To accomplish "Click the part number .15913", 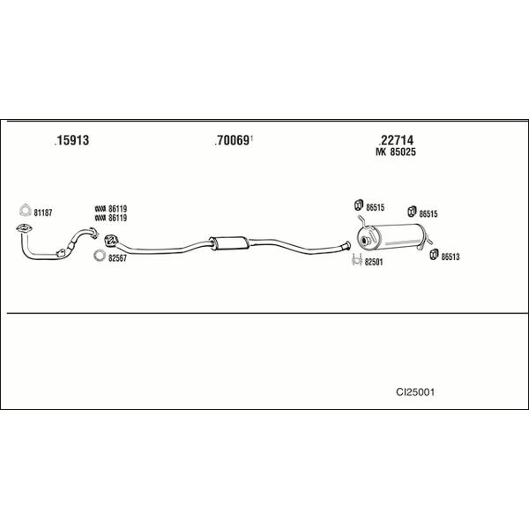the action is [x=72, y=140].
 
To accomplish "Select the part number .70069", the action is [x=232, y=140].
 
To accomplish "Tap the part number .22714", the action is [x=396, y=140].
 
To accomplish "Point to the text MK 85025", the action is [x=396, y=153].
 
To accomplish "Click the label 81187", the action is [x=43, y=212].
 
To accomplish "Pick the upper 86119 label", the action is [x=118, y=209].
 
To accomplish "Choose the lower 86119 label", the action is [x=118, y=218].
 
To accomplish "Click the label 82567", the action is [x=117, y=258].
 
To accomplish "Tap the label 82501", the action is [x=374, y=262].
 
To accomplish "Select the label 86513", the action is [x=451, y=257].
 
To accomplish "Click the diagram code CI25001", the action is [x=415, y=392].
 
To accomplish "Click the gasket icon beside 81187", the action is [x=25, y=211].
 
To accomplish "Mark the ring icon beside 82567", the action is [x=99, y=256].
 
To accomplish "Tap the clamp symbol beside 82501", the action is [x=357, y=260].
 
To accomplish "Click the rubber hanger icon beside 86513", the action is [x=434, y=255].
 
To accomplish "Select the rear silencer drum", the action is [x=392, y=237].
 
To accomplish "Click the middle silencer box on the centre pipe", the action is [x=229, y=243].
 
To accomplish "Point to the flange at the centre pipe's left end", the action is [x=110, y=240].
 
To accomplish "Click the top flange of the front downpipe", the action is [x=25, y=228].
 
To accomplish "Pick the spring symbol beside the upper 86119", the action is [x=101, y=209].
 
